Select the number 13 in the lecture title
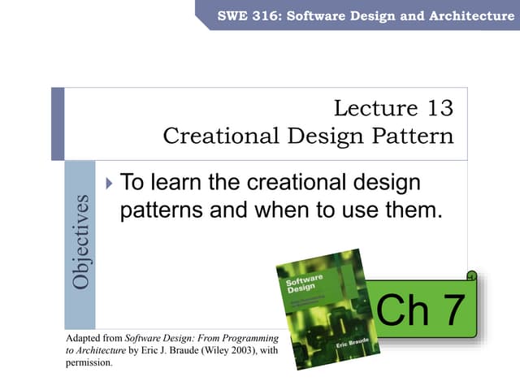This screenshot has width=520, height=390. coord(435,108)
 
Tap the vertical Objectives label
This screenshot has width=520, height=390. coord(80,241)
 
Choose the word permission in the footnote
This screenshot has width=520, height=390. coord(87,362)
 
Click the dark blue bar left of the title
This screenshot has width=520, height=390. coord(58,123)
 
